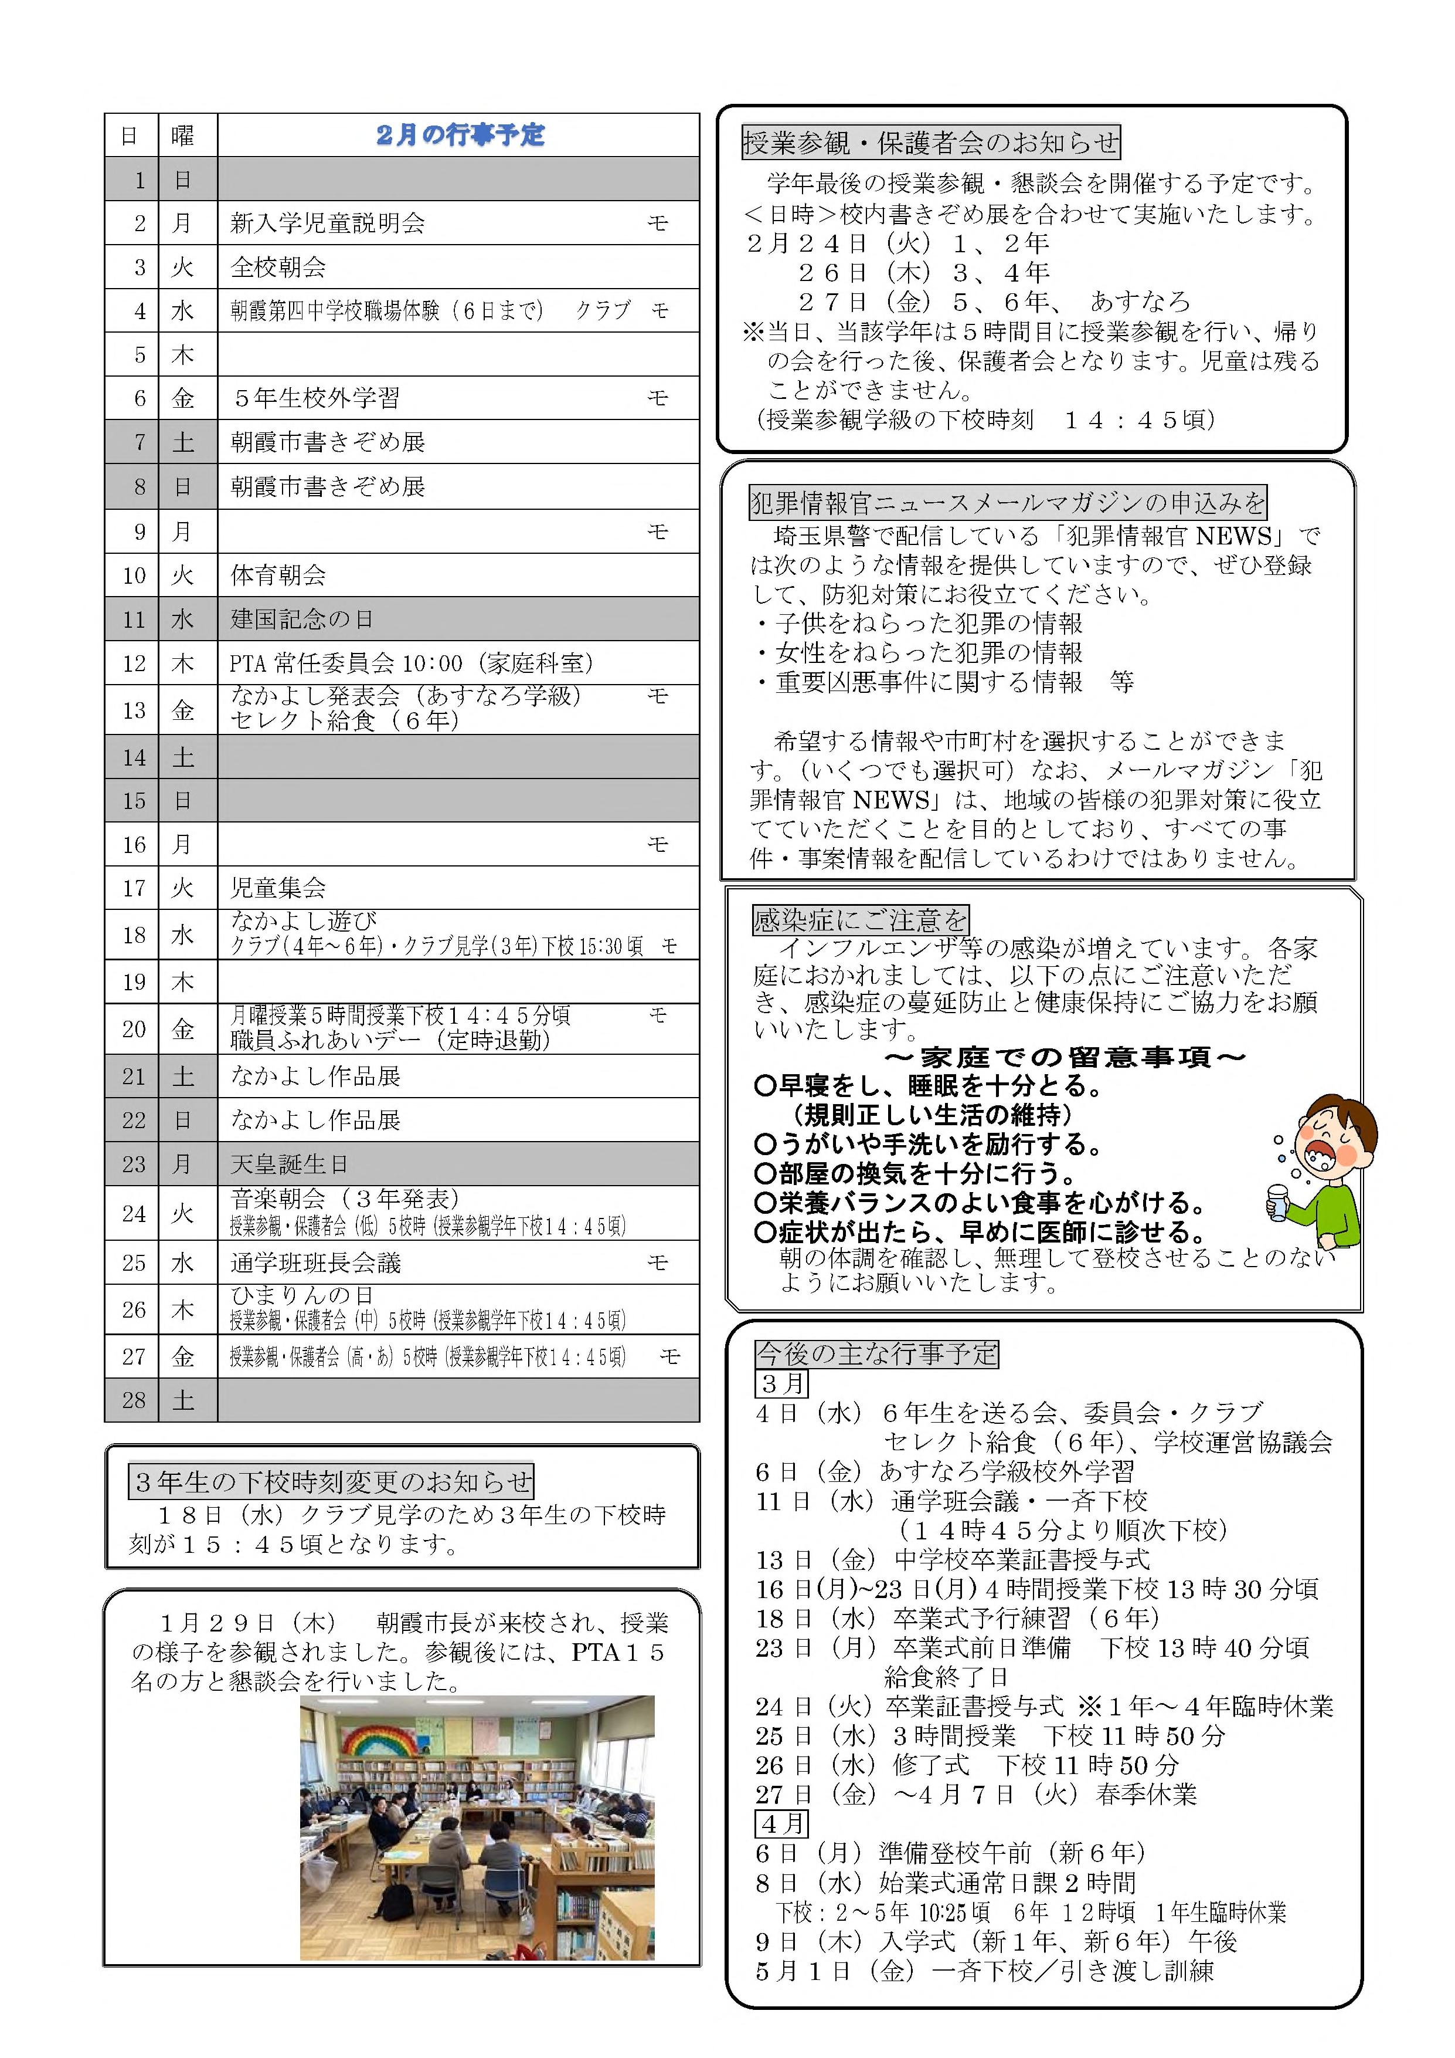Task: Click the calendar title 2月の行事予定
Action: (x=460, y=136)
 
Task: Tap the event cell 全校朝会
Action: (x=278, y=267)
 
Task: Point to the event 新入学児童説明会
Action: (x=327, y=223)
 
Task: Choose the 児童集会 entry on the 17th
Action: (x=278, y=888)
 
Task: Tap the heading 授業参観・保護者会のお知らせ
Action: (x=931, y=141)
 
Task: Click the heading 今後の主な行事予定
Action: (x=876, y=1353)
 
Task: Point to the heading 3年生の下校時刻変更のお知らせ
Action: (x=331, y=1482)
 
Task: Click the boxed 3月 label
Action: (x=782, y=1383)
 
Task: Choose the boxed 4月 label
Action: (x=782, y=1823)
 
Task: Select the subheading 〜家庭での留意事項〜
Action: (x=1065, y=1058)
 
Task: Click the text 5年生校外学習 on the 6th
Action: (x=315, y=398)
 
